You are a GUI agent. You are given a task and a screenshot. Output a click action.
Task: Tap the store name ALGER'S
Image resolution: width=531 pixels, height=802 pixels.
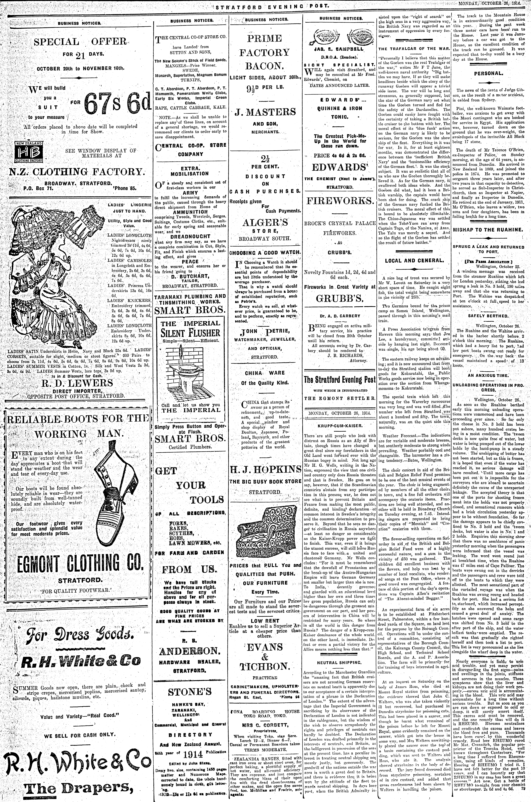(x=265, y=223)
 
